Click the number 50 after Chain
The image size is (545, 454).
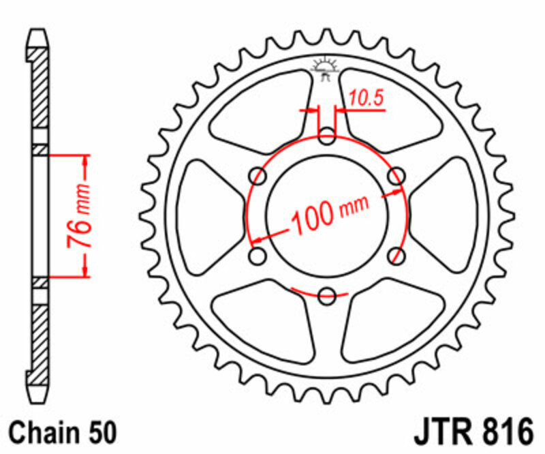coord(101,433)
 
